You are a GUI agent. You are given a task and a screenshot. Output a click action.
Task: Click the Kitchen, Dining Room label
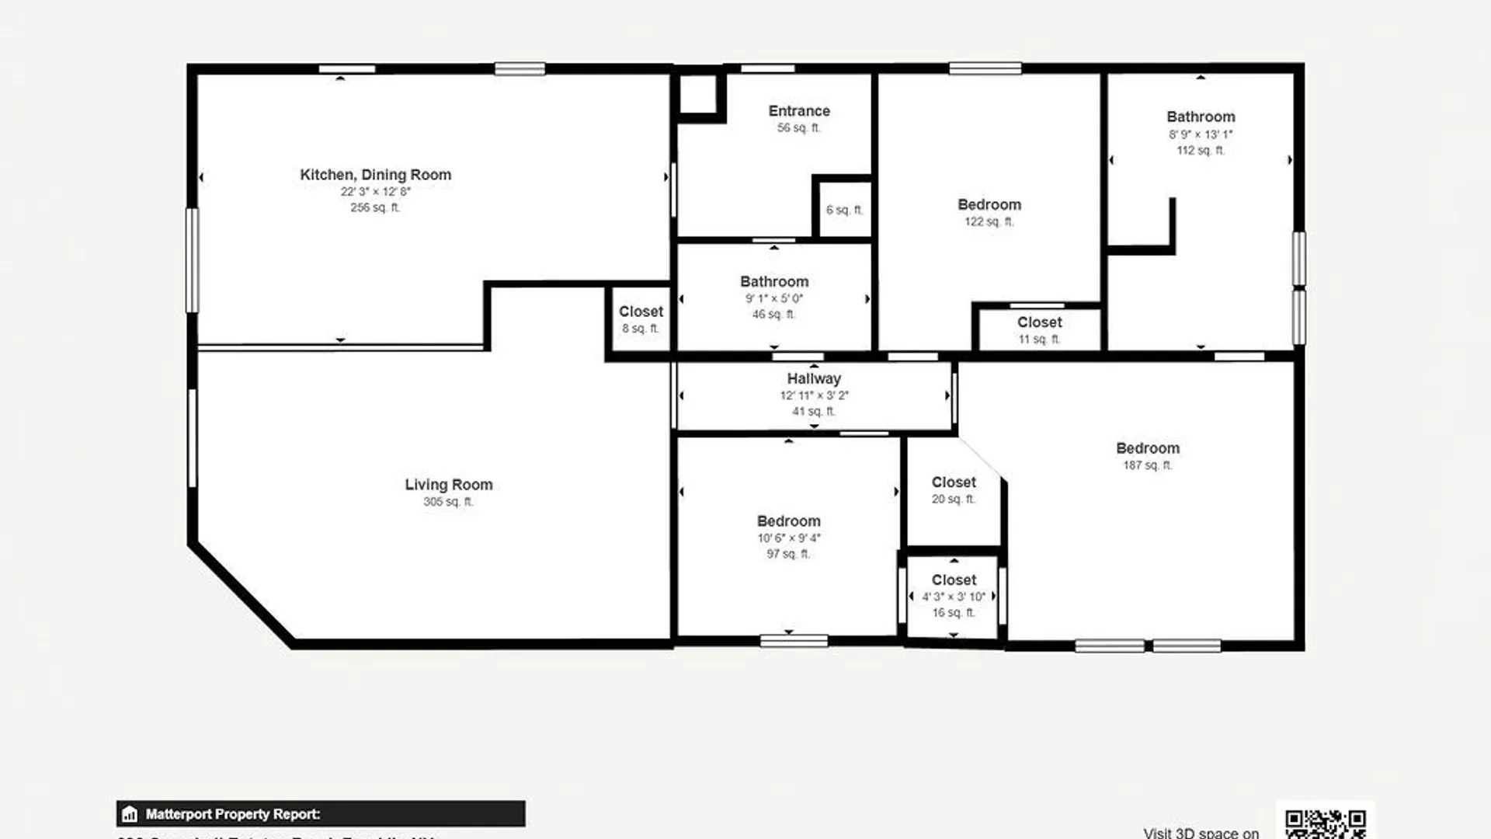[x=375, y=175]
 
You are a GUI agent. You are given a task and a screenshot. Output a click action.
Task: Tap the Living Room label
[x=448, y=485]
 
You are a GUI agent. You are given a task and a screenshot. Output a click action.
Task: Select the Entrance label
[x=799, y=111]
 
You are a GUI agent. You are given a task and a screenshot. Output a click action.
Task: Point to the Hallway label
[x=814, y=378]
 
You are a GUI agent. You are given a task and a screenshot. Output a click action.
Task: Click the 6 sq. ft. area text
[x=844, y=210]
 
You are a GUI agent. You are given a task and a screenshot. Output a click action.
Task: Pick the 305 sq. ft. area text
[x=448, y=502]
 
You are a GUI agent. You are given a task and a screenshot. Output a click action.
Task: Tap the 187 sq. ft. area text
[x=1147, y=465]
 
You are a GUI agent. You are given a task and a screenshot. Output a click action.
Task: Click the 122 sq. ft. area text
[x=989, y=221]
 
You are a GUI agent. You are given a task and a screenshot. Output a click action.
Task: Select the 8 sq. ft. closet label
[x=641, y=312]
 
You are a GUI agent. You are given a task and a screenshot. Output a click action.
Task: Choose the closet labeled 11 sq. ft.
[x=1039, y=322]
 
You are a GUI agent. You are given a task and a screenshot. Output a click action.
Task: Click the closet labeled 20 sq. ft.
[x=954, y=482]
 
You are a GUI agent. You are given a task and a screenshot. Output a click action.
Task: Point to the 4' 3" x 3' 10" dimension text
[x=953, y=597]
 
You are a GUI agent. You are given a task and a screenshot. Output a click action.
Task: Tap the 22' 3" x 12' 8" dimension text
[x=375, y=191]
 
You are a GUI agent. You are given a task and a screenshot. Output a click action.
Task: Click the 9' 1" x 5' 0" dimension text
[x=773, y=298]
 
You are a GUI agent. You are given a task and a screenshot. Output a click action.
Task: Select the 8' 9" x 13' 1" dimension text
[x=1201, y=134]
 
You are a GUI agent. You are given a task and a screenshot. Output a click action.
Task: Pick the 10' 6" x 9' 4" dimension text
[x=788, y=538]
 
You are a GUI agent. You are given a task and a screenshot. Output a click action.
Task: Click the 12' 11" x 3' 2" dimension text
[x=814, y=395]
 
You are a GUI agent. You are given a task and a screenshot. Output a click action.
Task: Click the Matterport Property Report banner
[x=321, y=813]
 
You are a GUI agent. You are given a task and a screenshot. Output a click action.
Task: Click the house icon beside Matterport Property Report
[x=130, y=814]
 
